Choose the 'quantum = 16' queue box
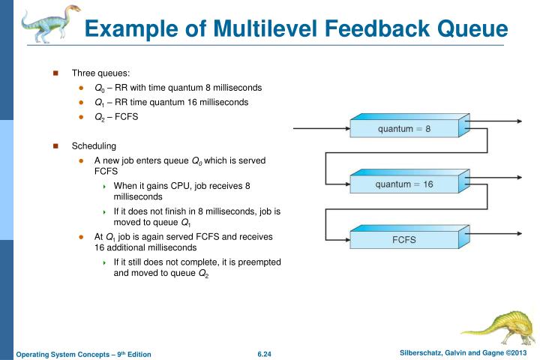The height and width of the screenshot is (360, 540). click(406, 183)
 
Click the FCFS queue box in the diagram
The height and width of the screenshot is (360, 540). click(406, 239)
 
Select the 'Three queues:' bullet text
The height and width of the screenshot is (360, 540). click(100, 73)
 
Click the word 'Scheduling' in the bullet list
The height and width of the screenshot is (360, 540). click(94, 145)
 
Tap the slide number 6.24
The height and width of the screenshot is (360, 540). click(263, 353)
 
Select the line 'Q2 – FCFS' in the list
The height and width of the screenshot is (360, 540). click(116, 117)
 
